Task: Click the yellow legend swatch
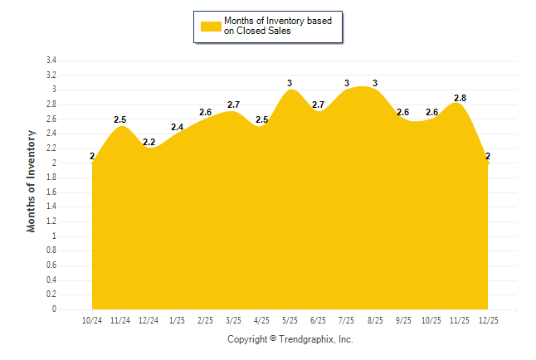click(x=210, y=26)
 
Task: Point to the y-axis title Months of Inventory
click(x=32, y=180)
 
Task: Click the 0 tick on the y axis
click(x=54, y=309)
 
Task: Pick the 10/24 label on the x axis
click(x=92, y=320)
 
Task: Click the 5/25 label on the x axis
click(x=290, y=320)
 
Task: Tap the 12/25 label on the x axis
click(x=488, y=320)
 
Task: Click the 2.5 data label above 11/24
click(x=120, y=120)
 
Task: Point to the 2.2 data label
click(x=149, y=142)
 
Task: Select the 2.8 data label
click(x=460, y=98)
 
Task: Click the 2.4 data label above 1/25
click(x=178, y=127)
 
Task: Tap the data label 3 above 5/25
click(x=290, y=83)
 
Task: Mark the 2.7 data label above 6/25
click(x=319, y=105)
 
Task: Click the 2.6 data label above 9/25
click(x=403, y=112)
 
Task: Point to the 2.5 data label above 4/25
click(x=262, y=120)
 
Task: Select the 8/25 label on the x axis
click(x=375, y=320)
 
